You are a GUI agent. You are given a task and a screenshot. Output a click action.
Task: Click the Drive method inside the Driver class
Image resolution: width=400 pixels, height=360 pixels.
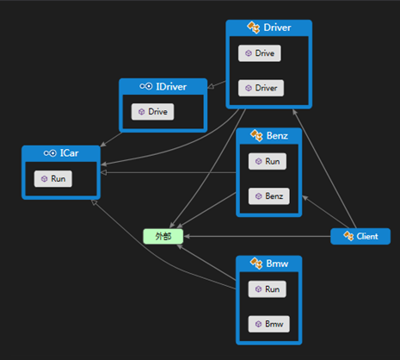(260, 53)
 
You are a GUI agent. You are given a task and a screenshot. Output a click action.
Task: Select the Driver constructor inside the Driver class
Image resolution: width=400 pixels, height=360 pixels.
(261, 88)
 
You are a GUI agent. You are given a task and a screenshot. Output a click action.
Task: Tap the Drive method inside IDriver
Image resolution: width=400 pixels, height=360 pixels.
(152, 112)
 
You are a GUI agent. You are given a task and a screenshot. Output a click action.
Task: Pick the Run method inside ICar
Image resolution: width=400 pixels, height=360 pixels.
(53, 179)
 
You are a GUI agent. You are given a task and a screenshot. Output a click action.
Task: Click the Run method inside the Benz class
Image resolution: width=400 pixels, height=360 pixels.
(268, 161)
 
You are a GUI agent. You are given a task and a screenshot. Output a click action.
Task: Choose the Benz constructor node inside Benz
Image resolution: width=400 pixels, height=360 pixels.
(269, 196)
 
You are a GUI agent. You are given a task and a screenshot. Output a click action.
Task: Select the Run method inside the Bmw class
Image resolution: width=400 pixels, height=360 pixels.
(268, 289)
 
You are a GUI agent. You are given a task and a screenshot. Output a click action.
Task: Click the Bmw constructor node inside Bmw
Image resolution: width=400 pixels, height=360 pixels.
(269, 324)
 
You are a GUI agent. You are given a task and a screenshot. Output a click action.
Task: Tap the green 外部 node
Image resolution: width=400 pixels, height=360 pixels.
(163, 236)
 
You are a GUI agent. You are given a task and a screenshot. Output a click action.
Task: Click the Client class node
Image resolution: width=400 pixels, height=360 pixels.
(360, 236)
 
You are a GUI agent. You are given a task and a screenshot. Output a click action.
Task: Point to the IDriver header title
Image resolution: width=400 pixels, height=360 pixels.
(171, 86)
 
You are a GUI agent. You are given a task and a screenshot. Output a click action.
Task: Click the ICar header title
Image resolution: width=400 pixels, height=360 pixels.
(69, 153)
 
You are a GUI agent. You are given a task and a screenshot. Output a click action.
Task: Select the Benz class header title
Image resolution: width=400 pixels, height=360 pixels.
(277, 135)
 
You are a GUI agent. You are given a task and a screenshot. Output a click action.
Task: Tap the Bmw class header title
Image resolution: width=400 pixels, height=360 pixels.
(277, 264)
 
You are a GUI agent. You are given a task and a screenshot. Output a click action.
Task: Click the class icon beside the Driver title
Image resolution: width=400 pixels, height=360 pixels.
(254, 28)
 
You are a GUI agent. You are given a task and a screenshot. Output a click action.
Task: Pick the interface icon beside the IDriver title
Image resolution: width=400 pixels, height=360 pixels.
(146, 86)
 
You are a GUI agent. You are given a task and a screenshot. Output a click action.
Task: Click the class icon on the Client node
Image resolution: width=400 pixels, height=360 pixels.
(348, 236)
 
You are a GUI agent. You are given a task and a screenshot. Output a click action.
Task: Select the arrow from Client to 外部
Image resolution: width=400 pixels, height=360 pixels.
(257, 236)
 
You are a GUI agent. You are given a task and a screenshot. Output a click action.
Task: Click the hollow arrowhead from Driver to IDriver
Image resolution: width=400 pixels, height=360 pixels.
(211, 86)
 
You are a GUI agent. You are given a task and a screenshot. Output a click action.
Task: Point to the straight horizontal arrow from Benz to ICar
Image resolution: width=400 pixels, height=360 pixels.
(169, 172)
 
